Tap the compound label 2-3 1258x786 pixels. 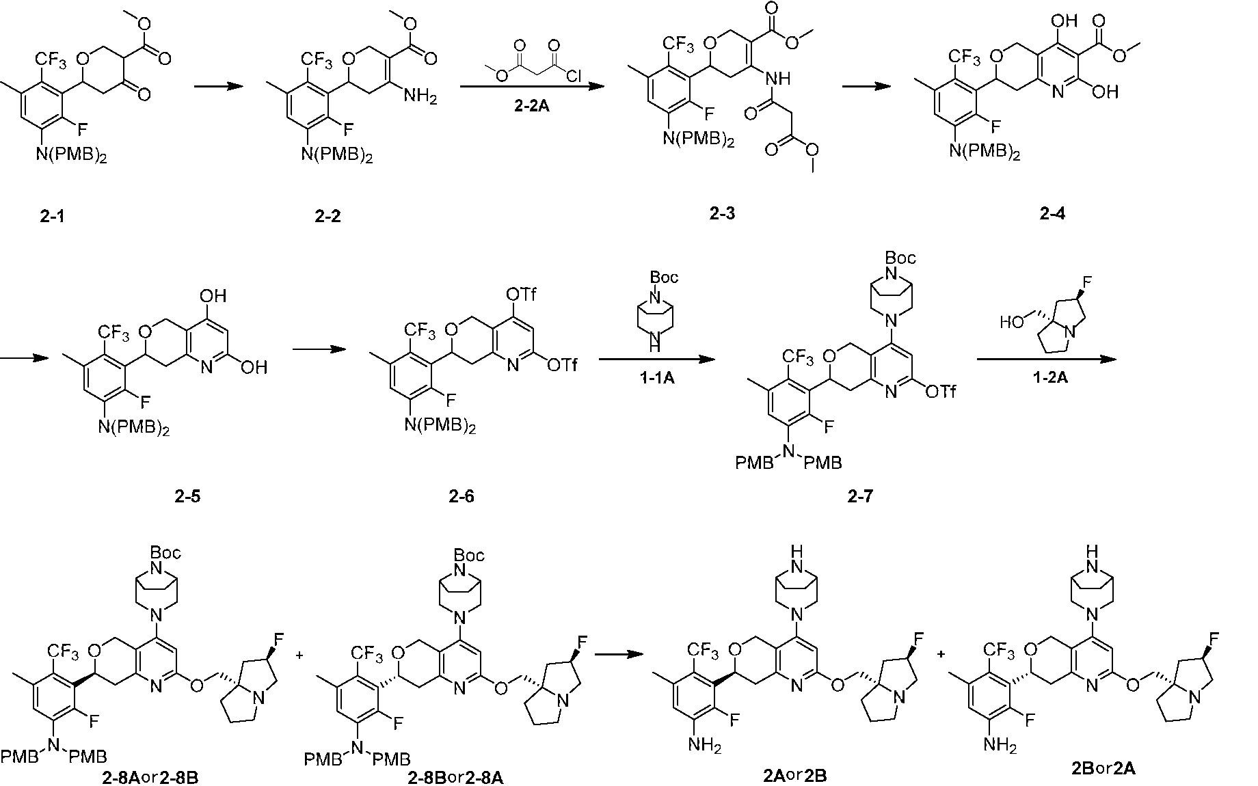723,214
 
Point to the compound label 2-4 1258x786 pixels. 1052,214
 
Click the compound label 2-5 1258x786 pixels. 187,497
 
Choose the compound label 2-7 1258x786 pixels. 860,497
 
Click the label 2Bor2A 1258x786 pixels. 1102,768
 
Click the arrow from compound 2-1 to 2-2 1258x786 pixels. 219,87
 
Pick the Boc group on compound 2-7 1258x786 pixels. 900,258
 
